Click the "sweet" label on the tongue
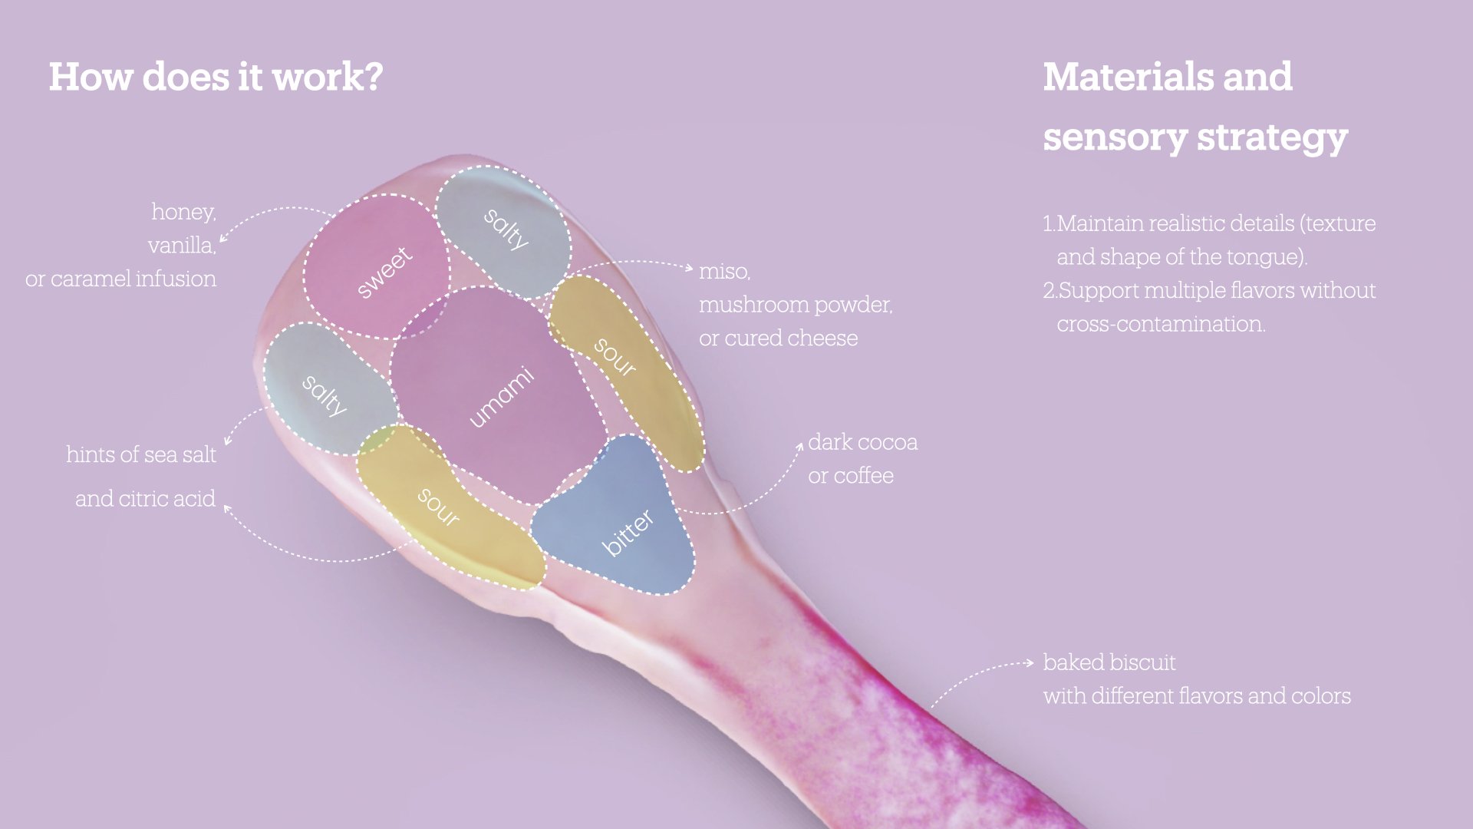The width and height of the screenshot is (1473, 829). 385,272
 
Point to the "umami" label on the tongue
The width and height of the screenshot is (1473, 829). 501,396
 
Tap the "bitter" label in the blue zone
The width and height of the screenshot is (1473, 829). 628,532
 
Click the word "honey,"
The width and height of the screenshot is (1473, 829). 183,212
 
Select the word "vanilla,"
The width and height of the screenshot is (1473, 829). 182,246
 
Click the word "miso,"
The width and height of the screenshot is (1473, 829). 724,272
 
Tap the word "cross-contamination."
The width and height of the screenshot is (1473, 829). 1161,324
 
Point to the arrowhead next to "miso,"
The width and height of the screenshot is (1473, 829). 690,268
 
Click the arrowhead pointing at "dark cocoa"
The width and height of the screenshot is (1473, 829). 799,446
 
